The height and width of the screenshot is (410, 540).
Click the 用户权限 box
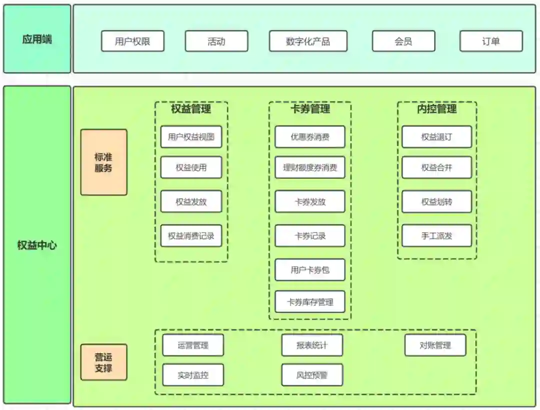tap(132, 41)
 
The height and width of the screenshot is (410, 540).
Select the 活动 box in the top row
tap(216, 41)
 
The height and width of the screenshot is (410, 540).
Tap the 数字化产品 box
tap(308, 41)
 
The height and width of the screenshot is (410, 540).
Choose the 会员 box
tap(403, 41)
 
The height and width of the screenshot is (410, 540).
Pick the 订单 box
tap(491, 41)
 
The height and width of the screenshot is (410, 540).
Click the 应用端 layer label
tap(37, 39)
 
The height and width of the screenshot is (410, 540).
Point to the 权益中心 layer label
tap(37, 245)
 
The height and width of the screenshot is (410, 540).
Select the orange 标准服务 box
tap(103, 162)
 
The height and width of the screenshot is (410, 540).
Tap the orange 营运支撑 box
tap(103, 362)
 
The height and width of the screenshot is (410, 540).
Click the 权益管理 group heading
tap(191, 109)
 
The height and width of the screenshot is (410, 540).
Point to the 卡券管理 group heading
tap(310, 109)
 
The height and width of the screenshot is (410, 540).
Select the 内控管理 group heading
tap(437, 109)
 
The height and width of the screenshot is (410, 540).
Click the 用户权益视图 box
tap(191, 136)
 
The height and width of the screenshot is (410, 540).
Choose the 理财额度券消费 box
tap(310, 167)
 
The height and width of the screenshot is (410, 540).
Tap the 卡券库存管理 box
tap(310, 301)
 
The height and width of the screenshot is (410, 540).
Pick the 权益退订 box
tap(436, 136)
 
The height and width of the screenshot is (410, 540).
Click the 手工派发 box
tap(436, 235)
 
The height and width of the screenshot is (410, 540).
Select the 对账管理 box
tap(435, 345)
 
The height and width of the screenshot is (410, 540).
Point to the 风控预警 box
tap(312, 375)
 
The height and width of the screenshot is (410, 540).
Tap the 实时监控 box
tap(193, 375)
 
